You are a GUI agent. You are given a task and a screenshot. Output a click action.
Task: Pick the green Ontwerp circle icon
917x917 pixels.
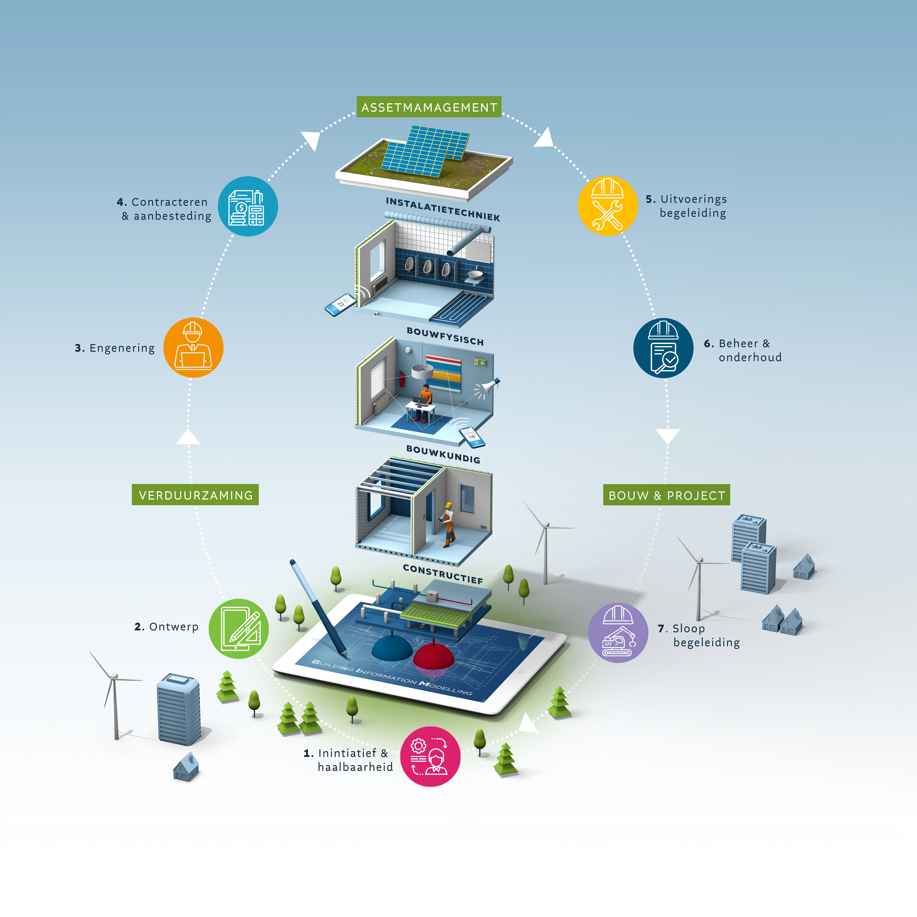(x=239, y=629)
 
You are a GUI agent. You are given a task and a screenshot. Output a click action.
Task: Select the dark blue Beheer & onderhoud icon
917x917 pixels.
(x=663, y=348)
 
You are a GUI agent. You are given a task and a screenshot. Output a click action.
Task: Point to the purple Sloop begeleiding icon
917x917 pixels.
(x=618, y=633)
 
